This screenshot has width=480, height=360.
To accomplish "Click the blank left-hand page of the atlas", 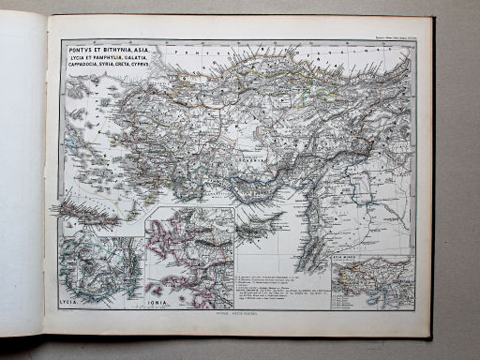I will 23,169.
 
